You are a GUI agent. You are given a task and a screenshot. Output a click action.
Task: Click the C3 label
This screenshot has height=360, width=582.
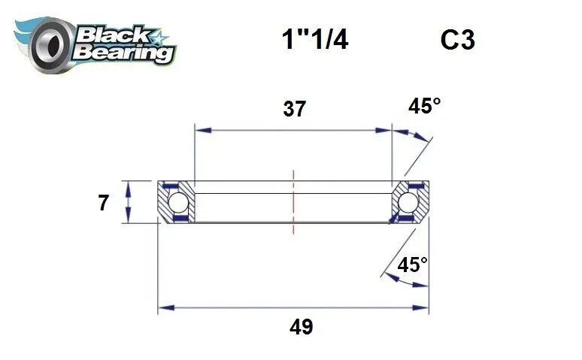(x=457, y=40)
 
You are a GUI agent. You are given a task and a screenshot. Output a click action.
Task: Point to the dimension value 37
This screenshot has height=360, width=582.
(x=294, y=109)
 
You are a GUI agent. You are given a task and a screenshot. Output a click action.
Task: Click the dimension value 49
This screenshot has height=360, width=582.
(x=301, y=327)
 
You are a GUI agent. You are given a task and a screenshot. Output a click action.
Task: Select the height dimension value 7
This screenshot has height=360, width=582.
(x=104, y=203)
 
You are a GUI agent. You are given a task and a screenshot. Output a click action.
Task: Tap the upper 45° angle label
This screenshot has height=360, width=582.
(x=424, y=106)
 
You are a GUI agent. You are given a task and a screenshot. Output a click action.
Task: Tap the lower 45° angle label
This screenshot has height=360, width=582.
(x=413, y=265)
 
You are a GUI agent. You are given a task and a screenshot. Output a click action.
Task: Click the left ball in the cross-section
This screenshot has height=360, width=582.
(x=177, y=202)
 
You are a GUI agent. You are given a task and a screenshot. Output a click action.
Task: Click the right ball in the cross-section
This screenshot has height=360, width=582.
(x=408, y=202)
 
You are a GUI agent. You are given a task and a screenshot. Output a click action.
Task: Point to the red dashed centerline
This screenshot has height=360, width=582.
(x=293, y=195)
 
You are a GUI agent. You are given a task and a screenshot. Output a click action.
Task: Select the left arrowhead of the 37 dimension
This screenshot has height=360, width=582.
(x=200, y=130)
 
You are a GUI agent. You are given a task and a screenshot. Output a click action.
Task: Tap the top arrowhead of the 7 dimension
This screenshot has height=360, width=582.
(x=130, y=186)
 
